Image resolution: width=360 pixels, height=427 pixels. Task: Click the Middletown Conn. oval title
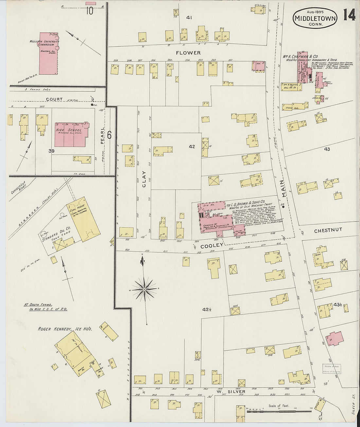tap(315, 18)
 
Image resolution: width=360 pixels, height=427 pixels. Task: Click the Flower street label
tap(188, 53)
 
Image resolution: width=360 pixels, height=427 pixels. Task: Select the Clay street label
tap(144, 179)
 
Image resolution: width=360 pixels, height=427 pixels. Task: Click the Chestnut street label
tap(328, 230)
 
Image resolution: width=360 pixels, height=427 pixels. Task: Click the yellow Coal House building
tap(83, 219)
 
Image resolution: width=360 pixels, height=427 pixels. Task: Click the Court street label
tap(54, 99)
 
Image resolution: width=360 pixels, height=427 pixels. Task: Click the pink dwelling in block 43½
tap(334, 339)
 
